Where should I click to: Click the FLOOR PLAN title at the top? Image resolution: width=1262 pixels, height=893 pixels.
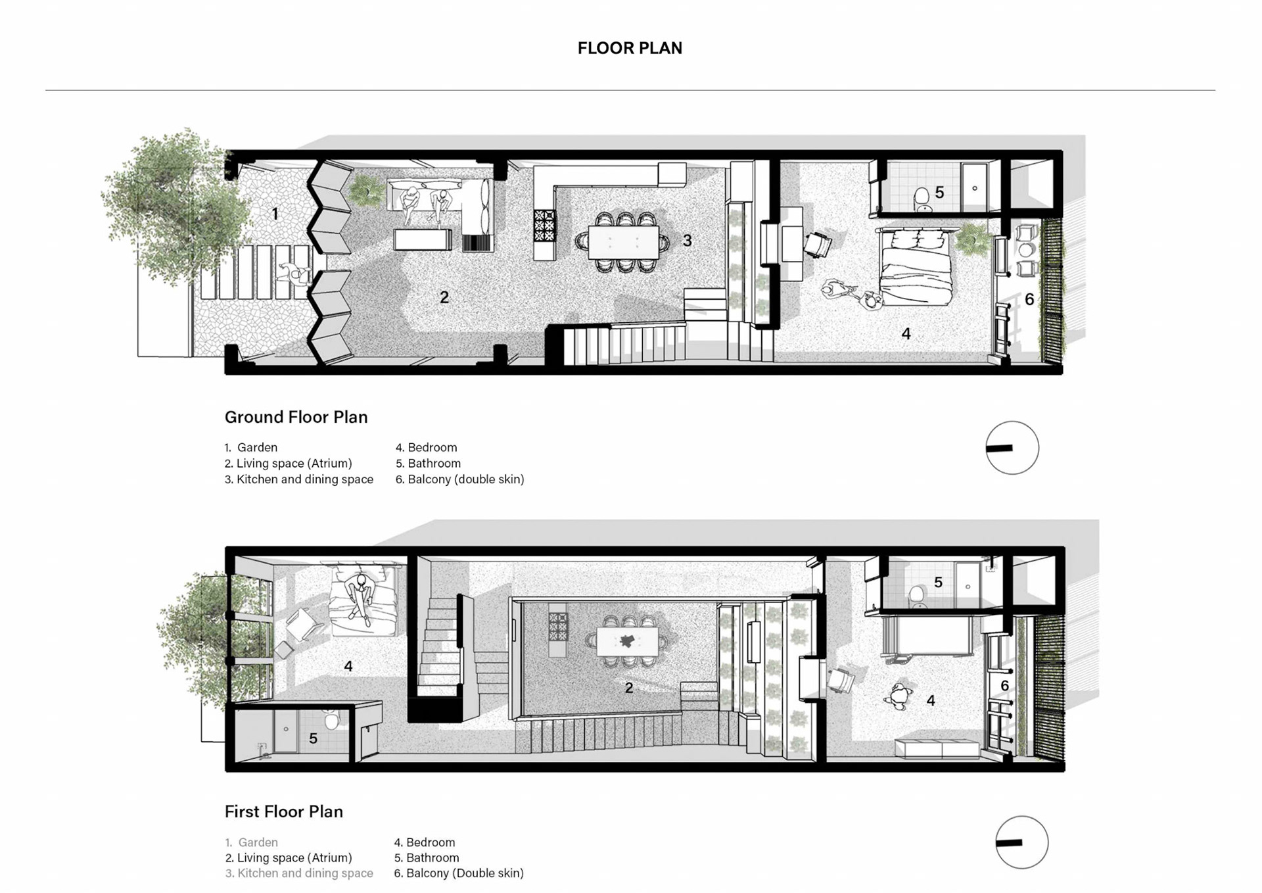click(x=630, y=48)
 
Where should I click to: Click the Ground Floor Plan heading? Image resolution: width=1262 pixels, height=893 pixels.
click(x=296, y=417)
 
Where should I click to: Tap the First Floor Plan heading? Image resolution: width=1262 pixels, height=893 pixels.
click(x=283, y=811)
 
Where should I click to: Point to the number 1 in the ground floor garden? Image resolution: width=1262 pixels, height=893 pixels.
click(x=275, y=214)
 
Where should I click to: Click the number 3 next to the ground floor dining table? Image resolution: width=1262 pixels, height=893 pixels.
click(x=687, y=241)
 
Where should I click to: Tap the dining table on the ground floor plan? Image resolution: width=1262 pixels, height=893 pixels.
click(x=624, y=242)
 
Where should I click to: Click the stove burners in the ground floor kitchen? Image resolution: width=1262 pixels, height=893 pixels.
click(x=544, y=225)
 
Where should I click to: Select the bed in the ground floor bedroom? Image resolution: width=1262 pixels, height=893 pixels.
click(x=916, y=267)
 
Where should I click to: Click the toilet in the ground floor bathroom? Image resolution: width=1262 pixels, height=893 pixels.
click(x=923, y=198)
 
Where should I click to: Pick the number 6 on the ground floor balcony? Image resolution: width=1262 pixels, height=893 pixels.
click(x=1029, y=299)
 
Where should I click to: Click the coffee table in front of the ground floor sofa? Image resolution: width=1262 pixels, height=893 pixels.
click(x=423, y=239)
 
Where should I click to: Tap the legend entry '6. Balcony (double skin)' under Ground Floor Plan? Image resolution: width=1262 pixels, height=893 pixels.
click(x=459, y=479)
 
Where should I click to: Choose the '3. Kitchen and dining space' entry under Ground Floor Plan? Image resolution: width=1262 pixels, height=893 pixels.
click(x=299, y=479)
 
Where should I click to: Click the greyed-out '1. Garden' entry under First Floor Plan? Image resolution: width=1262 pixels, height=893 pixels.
click(x=251, y=842)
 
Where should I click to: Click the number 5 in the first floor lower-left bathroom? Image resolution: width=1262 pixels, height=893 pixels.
click(x=313, y=738)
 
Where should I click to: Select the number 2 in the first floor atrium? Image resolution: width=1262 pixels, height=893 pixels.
click(x=629, y=688)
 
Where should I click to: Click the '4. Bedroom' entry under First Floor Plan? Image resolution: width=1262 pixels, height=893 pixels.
click(x=425, y=842)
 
